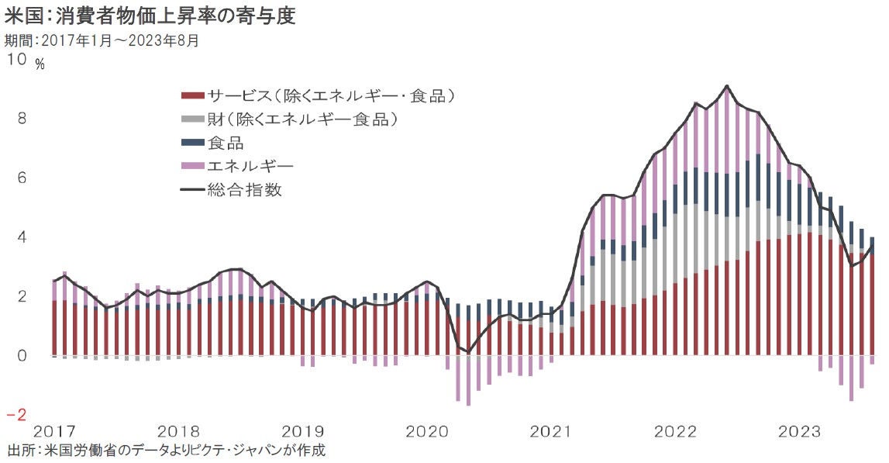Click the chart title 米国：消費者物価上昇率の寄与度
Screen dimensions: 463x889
[x=150, y=16]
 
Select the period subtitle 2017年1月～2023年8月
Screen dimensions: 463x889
[x=102, y=40]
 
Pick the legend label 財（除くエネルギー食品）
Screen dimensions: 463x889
[x=302, y=119]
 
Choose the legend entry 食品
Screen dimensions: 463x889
[x=226, y=143]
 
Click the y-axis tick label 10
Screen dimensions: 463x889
[x=16, y=60]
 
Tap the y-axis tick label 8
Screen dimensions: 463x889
[x=22, y=119]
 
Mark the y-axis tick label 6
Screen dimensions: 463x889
[x=22, y=178]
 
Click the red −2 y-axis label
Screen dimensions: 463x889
[x=17, y=414]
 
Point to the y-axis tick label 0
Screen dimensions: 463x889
[x=22, y=356]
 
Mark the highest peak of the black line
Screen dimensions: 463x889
[x=726, y=85]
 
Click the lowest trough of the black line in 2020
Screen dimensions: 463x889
[x=467, y=352]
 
